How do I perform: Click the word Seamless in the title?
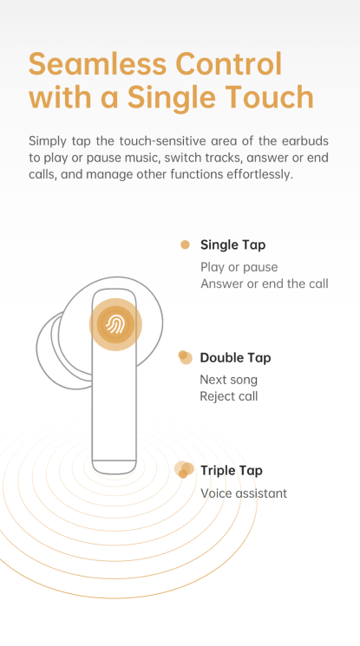[x=98, y=63]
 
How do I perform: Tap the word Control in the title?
[x=229, y=63]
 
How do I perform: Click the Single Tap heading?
[x=233, y=245]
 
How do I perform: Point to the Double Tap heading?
[x=235, y=357]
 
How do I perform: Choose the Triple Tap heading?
[x=232, y=471]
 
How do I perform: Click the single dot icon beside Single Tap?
[x=185, y=245]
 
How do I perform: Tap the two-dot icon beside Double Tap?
[x=185, y=357]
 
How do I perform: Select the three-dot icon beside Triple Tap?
[x=184, y=470]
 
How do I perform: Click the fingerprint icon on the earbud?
[x=115, y=324]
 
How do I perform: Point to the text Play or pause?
[x=239, y=267]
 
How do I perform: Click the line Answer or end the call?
[x=265, y=284]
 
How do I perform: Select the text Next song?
[x=228, y=380]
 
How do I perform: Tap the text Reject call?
[x=229, y=396]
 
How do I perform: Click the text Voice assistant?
[x=244, y=493]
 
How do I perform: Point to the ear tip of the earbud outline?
[x=46, y=350]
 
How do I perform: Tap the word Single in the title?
[x=171, y=98]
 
